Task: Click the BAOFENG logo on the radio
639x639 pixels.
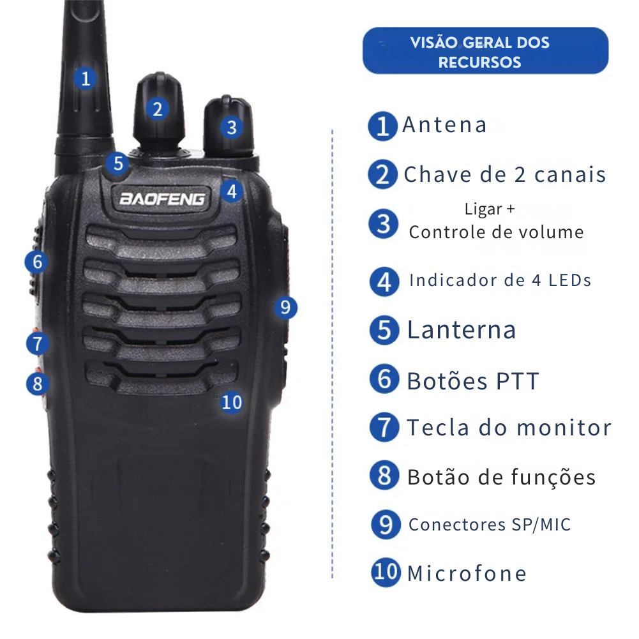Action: pyautogui.click(x=162, y=199)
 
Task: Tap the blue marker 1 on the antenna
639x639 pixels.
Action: pyautogui.click(x=85, y=79)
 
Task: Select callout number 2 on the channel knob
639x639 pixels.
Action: pyautogui.click(x=157, y=109)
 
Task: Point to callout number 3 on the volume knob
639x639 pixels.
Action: pyautogui.click(x=232, y=128)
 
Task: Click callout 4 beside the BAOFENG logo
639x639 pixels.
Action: pyautogui.click(x=232, y=191)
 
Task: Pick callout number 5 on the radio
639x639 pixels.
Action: pyautogui.click(x=117, y=164)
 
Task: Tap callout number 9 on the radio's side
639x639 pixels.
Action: pyautogui.click(x=285, y=307)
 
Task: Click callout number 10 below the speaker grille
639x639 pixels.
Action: pyautogui.click(x=232, y=403)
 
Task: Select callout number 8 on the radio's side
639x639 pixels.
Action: pyautogui.click(x=38, y=384)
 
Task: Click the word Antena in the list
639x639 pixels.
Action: pyautogui.click(x=444, y=124)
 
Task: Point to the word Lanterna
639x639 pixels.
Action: pyautogui.click(x=462, y=329)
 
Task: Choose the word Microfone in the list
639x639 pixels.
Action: pyautogui.click(x=467, y=573)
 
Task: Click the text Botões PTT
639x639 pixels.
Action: pyautogui.click(x=473, y=382)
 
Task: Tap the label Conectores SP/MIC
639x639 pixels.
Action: pyautogui.click(x=490, y=525)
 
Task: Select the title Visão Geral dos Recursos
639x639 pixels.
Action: pyautogui.click(x=479, y=52)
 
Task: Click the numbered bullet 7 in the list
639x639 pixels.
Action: pyautogui.click(x=384, y=427)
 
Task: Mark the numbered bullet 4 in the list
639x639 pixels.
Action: pyautogui.click(x=384, y=282)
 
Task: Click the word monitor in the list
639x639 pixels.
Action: pyautogui.click(x=564, y=428)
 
